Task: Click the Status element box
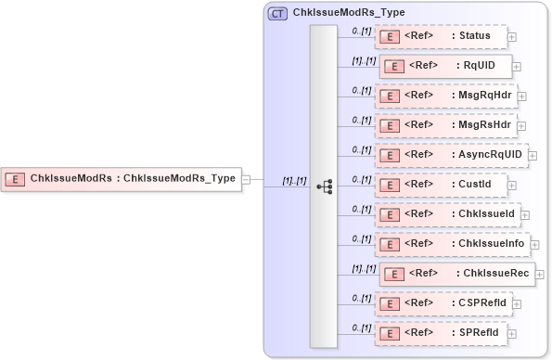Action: point(440,36)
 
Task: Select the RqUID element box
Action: point(444,67)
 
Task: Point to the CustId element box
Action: point(440,185)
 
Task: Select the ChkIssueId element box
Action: point(446,214)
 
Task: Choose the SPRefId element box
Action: point(440,332)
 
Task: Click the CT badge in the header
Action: point(277,14)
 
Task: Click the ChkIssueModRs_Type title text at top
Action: point(349,14)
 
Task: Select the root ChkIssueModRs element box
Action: point(122,178)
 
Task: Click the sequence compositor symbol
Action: point(324,186)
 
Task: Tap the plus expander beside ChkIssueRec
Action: point(540,275)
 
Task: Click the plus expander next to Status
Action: point(512,37)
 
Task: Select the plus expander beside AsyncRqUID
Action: point(533,155)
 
